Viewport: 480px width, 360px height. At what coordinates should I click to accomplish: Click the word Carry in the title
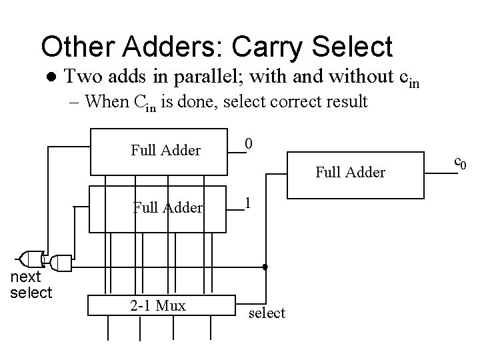[262, 47]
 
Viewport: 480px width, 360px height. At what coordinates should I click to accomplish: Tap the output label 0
[248, 143]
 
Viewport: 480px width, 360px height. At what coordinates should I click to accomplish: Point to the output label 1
[248, 202]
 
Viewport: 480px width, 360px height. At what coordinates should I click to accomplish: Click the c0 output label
[460, 161]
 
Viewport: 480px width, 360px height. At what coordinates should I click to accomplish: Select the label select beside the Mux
[266, 313]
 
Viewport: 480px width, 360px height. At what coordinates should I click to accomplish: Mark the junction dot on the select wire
[265, 267]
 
